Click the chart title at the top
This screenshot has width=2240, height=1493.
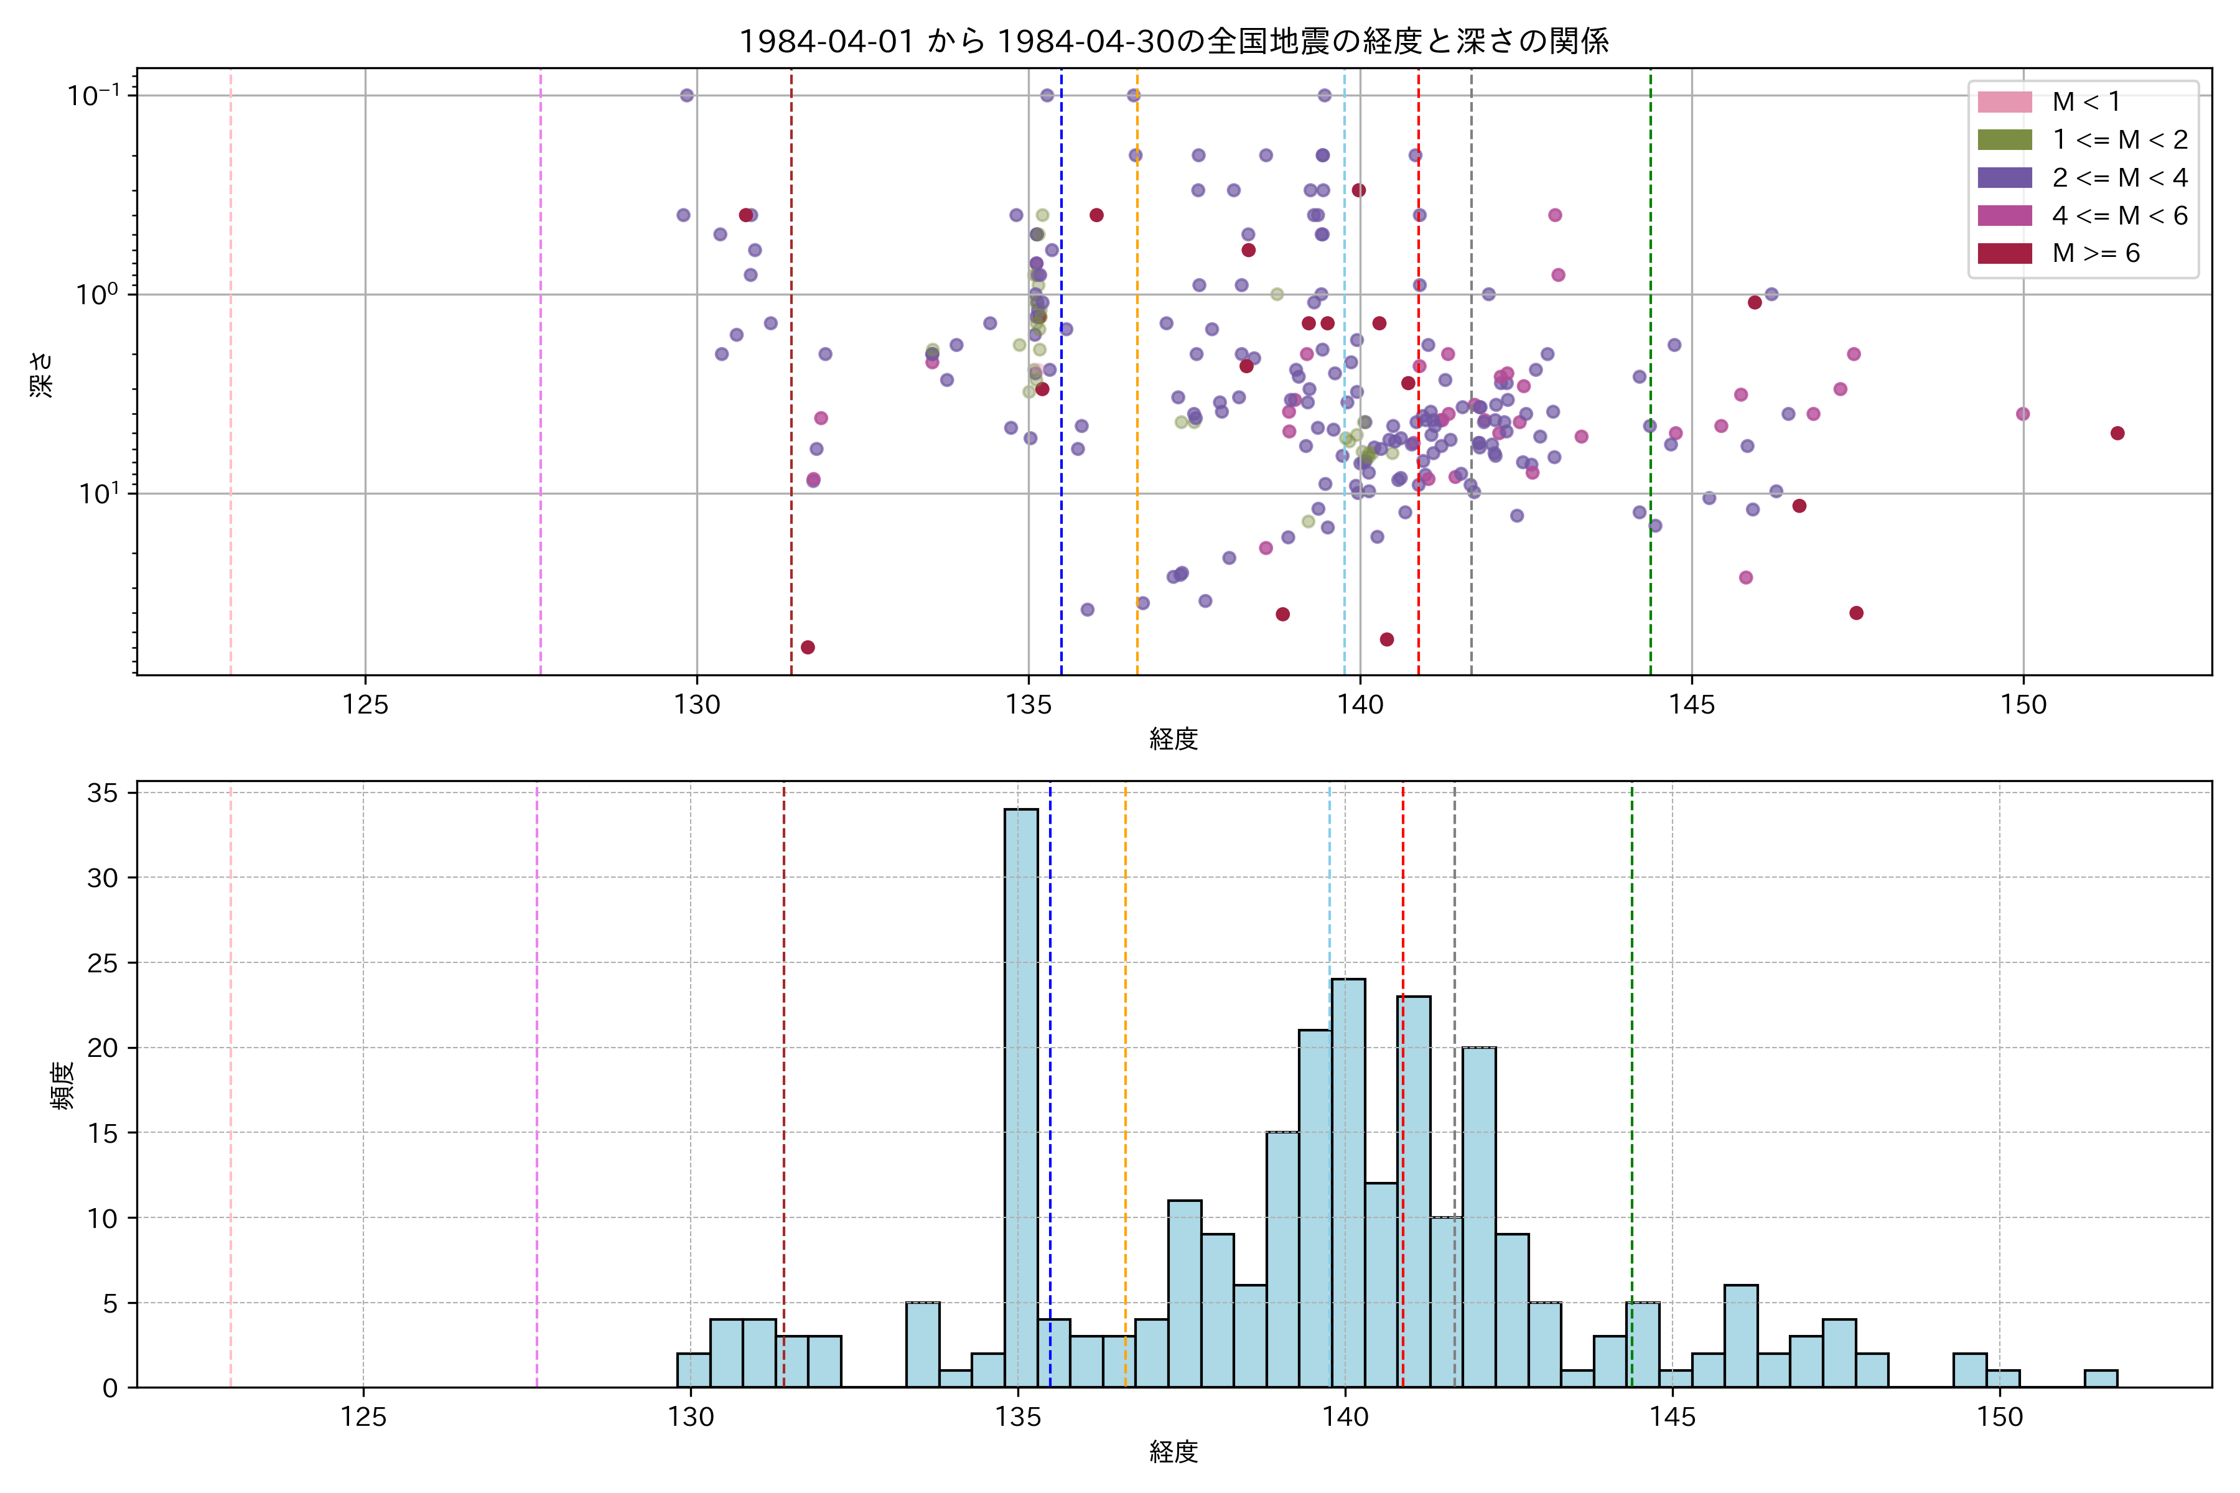[x=1174, y=41]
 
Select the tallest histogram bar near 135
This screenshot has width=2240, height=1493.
[x=1021, y=1095]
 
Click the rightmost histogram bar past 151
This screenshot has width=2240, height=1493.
[x=2100, y=1379]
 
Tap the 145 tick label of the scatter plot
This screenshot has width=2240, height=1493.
[x=1691, y=705]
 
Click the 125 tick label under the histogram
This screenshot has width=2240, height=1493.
[x=363, y=1418]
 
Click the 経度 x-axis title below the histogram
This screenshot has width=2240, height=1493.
[x=1174, y=1452]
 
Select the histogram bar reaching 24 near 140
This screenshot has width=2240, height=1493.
[x=1348, y=1181]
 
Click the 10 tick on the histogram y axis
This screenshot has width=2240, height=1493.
[x=102, y=1219]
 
